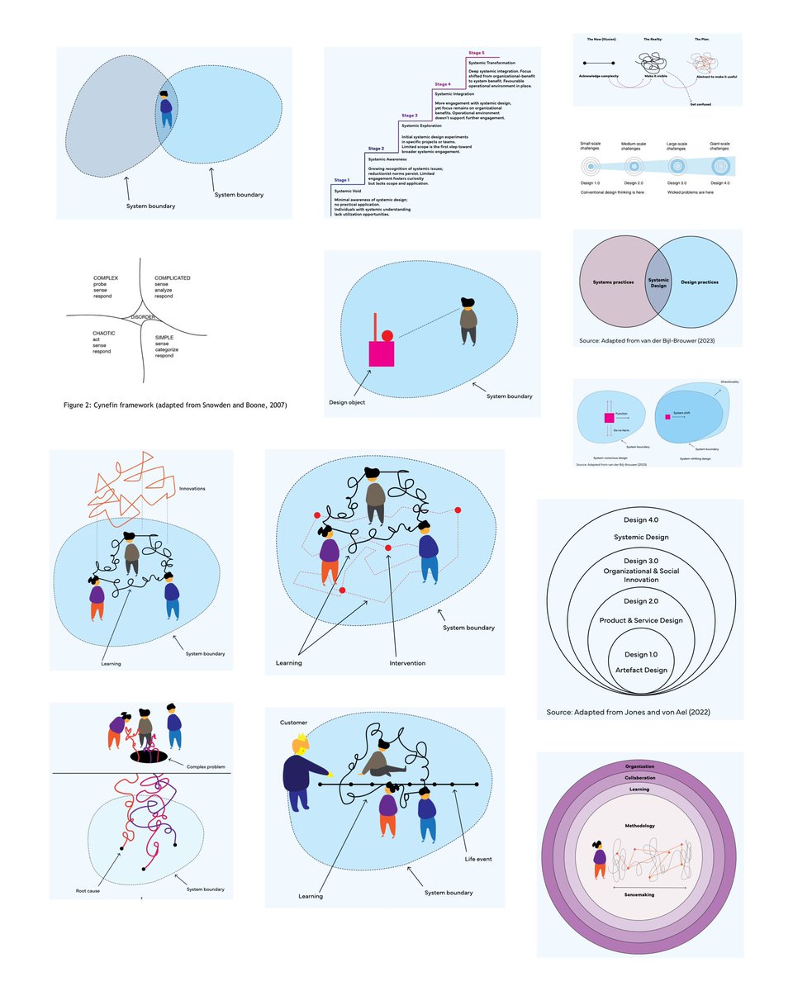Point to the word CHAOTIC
point(105,333)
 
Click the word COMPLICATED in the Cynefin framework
point(173,278)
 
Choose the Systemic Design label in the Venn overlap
point(658,283)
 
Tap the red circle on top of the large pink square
point(387,335)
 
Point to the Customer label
point(293,723)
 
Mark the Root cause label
point(89,890)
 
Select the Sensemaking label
point(640,894)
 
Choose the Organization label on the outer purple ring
point(640,766)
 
